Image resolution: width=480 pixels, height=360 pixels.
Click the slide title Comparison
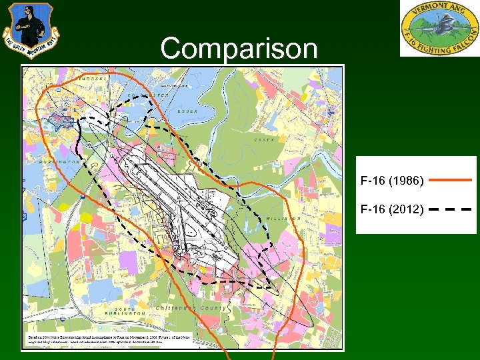point(239,48)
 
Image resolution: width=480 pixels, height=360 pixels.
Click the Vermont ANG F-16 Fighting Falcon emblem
point(439,29)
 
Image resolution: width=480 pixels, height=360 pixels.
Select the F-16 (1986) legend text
point(391,180)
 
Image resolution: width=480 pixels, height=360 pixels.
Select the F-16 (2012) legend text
point(391,209)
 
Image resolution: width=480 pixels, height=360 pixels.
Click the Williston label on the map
point(286,218)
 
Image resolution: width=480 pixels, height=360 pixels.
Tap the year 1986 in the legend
point(406,180)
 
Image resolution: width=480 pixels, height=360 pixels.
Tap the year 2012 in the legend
point(406,209)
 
